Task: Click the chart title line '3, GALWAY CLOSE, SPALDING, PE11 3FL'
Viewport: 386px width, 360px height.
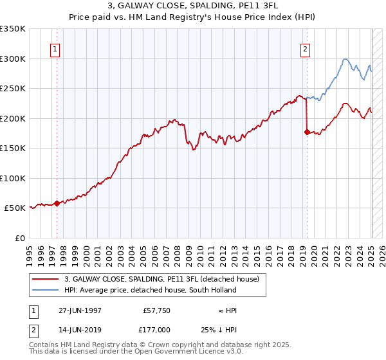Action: pyautogui.click(x=193, y=5)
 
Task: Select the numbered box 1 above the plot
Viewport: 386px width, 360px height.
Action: pyautogui.click(x=55, y=49)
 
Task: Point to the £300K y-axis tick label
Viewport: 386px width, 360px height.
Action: pyautogui.click(x=13, y=59)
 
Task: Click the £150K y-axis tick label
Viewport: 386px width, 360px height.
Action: pyautogui.click(x=13, y=148)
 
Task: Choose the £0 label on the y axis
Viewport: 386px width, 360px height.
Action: pyautogui.click(x=19, y=239)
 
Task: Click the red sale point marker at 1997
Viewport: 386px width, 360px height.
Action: pyautogui.click(x=57, y=203)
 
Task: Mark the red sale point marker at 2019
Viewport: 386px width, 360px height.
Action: pyautogui.click(x=306, y=132)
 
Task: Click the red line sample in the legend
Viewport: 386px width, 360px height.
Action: pyautogui.click(x=46, y=279)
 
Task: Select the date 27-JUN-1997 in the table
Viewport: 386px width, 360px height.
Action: pyautogui.click(x=80, y=310)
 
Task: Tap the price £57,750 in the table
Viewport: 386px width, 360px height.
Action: pyautogui.click(x=154, y=310)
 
